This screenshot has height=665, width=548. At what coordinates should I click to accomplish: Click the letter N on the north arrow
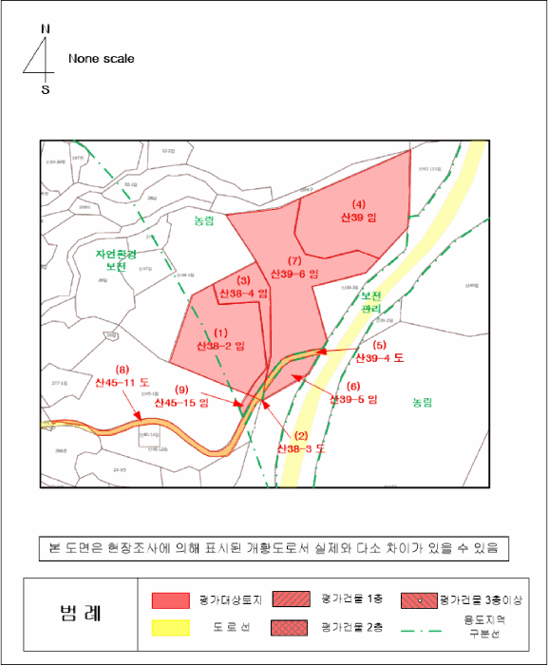(x=46, y=28)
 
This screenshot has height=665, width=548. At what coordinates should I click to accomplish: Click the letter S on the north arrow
(x=45, y=90)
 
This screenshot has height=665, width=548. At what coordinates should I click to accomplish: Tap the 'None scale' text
(x=102, y=59)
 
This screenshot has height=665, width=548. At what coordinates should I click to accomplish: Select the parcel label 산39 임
(x=359, y=218)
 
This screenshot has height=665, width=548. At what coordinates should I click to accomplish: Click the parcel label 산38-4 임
(x=243, y=294)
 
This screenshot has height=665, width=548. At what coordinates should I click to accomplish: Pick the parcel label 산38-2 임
(x=220, y=345)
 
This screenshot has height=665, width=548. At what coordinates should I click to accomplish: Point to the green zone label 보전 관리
(x=371, y=303)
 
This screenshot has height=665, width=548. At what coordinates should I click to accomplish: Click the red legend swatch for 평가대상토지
(x=171, y=600)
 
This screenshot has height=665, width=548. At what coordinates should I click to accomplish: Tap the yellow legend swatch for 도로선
(x=171, y=628)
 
